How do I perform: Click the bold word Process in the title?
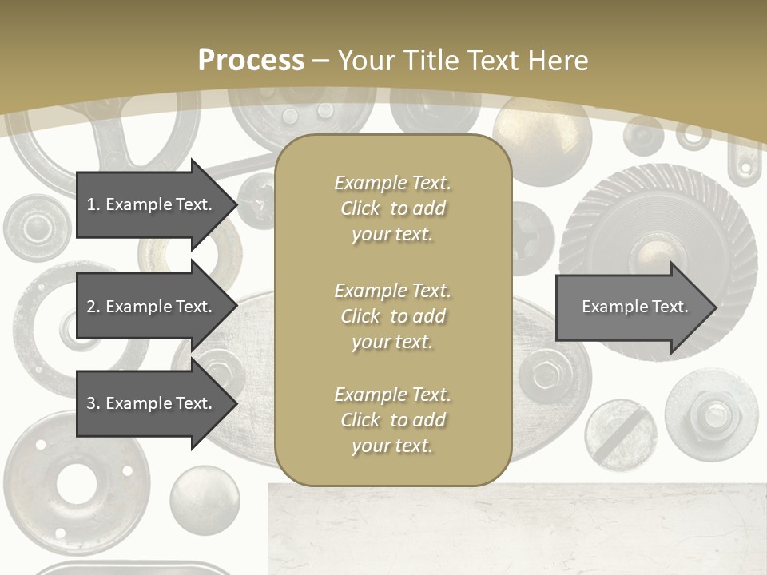point(251,61)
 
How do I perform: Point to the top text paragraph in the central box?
point(392,208)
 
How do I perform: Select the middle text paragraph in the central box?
point(392,316)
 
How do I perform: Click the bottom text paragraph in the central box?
point(392,420)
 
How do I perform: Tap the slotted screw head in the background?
point(620,435)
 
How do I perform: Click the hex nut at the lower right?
point(710,413)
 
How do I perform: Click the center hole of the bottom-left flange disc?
point(77,482)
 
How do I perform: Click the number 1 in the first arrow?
point(91,204)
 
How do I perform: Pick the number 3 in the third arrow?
point(91,403)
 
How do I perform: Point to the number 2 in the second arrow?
point(91,307)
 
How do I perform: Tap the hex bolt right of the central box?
point(546,374)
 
